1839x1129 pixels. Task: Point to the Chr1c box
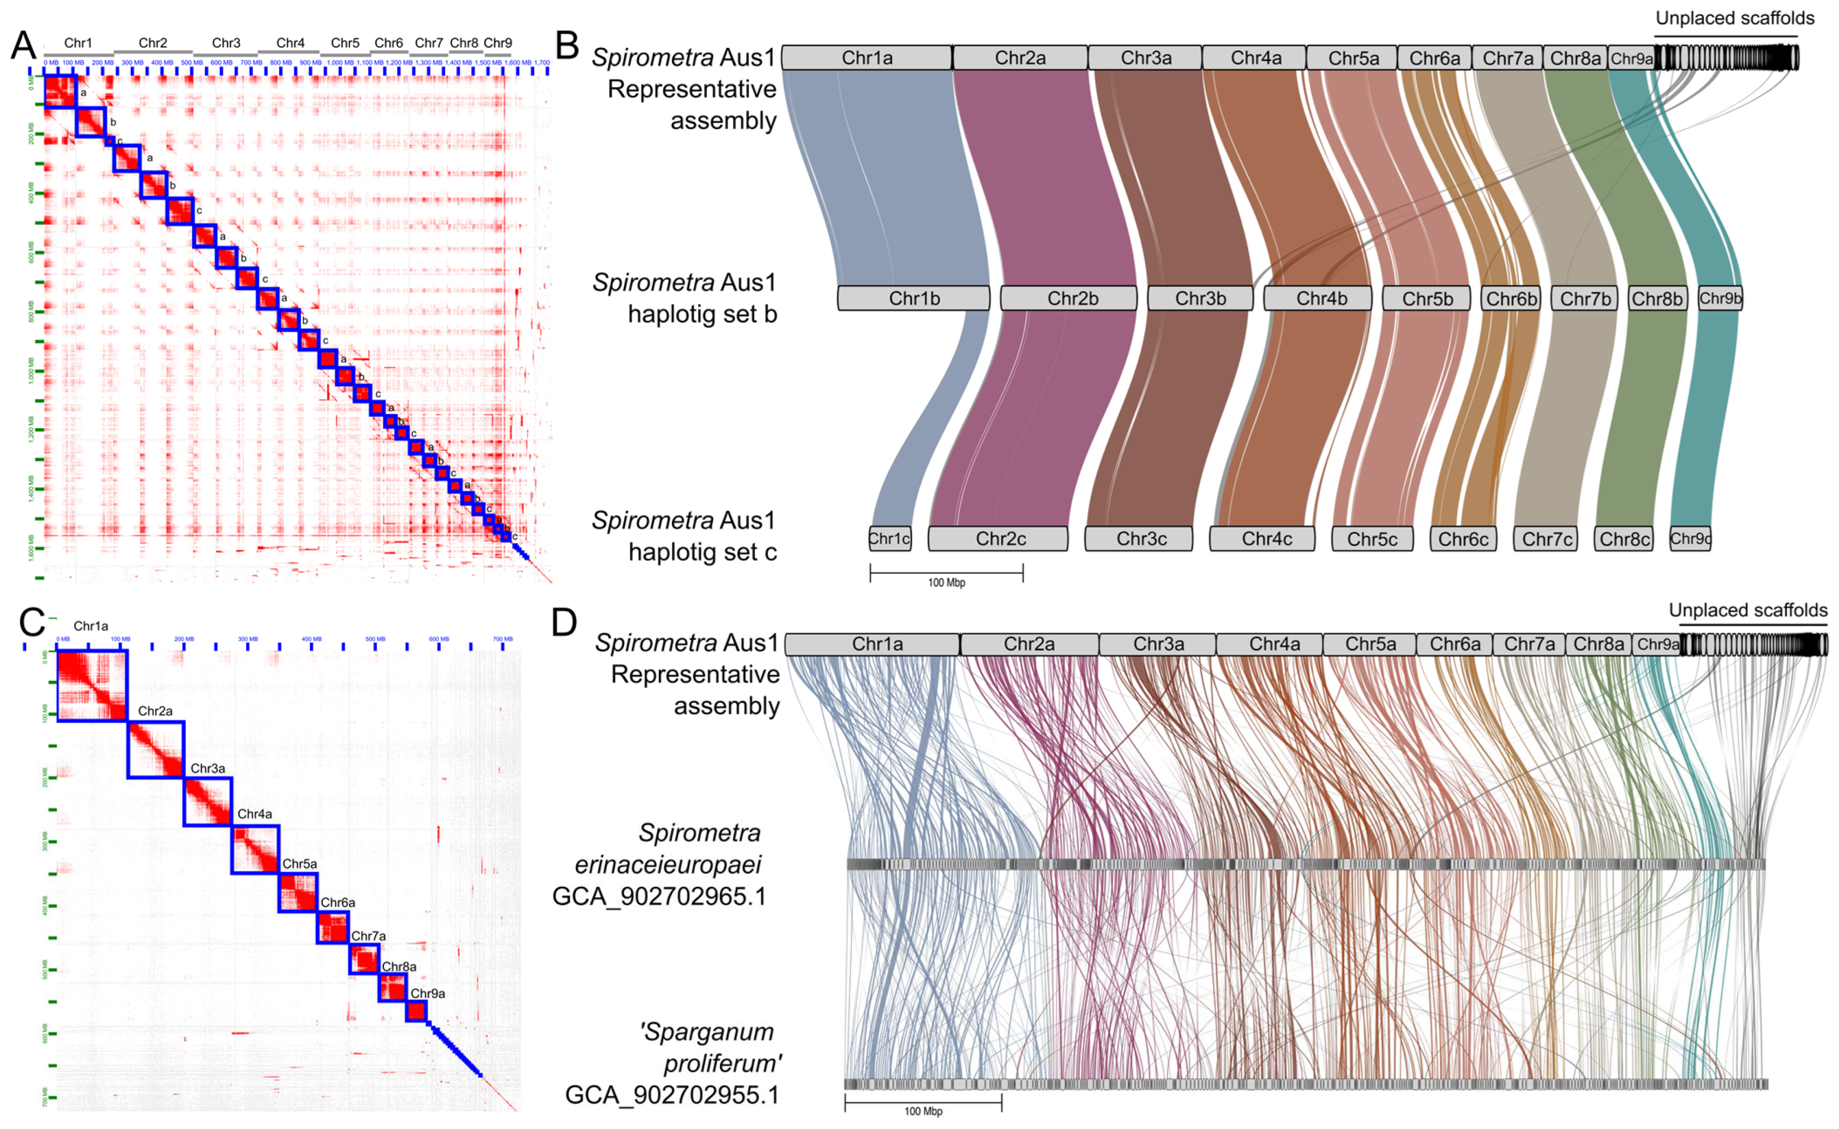(x=890, y=538)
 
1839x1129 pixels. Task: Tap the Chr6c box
(x=1463, y=538)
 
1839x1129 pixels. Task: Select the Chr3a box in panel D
(x=1157, y=644)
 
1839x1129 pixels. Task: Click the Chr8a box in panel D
(x=1598, y=644)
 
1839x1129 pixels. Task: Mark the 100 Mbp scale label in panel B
(x=946, y=582)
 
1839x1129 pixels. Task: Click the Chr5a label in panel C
(x=299, y=864)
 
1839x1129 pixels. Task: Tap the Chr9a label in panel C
(x=428, y=993)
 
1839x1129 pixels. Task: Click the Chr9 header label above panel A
(x=497, y=43)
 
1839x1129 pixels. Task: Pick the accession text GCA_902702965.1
(x=659, y=896)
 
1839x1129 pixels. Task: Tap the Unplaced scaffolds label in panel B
(x=1734, y=19)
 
